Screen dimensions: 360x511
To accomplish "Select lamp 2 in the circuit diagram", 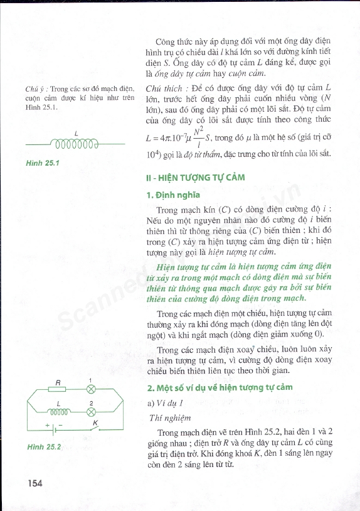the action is pos(90,411).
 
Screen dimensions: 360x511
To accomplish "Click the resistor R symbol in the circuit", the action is pos(57,389).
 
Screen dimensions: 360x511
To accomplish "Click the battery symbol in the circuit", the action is pos(54,432).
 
